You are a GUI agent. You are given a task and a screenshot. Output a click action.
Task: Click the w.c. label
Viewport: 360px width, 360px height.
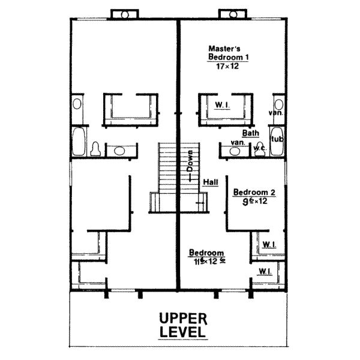coord(260,148)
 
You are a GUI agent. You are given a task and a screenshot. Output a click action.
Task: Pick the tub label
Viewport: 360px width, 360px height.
coord(277,139)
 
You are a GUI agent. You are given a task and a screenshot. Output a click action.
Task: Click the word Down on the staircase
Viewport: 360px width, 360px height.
coord(190,161)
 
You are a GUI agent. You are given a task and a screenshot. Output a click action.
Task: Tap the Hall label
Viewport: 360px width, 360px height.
coord(211,181)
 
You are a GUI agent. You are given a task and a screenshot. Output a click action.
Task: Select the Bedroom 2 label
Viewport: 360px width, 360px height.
coord(254,192)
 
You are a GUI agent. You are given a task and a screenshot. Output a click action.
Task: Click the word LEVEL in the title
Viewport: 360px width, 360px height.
coord(183,331)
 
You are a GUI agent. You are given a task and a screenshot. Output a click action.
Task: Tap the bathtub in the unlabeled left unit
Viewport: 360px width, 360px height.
coord(79,142)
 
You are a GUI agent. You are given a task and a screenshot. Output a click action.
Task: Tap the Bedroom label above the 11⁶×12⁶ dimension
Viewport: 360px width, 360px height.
coord(206,253)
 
